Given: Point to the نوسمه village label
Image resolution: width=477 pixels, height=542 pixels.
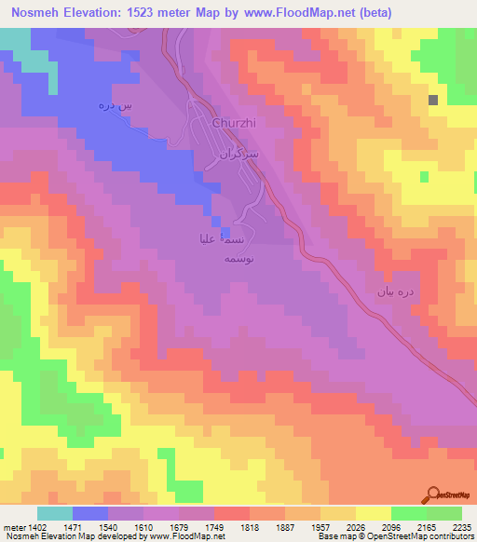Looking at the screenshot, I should click(x=208, y=262).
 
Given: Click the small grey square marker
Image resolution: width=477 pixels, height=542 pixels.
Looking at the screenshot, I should click(x=433, y=100).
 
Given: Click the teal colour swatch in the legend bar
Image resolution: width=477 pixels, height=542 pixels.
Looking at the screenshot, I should click(x=55, y=513).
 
